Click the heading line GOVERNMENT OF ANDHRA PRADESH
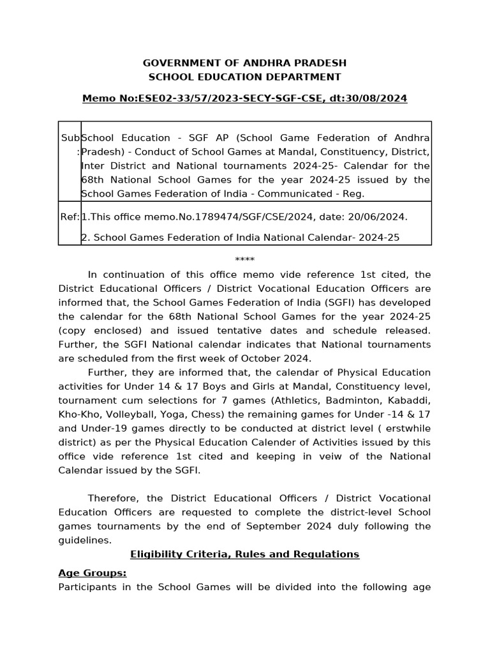pyautogui.click(x=244, y=63)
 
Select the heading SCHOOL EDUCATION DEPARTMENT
pyautogui.click(x=244, y=77)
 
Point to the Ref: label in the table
pyautogui.click(x=70, y=217)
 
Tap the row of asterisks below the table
pyautogui.click(x=244, y=260)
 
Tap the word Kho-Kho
pyautogui.click(x=77, y=414)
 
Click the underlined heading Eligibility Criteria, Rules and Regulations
pyautogui.click(x=244, y=554)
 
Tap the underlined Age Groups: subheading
pyautogui.click(x=93, y=573)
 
